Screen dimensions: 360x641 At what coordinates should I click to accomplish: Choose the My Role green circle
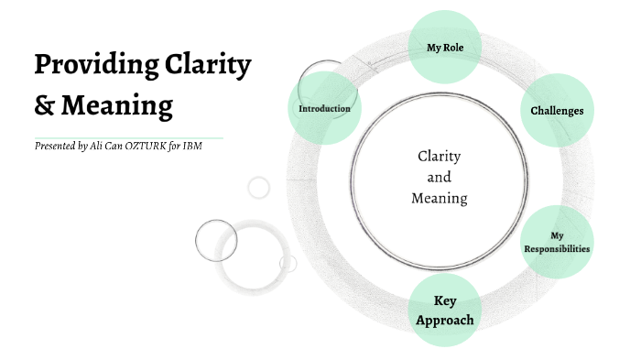point(443,47)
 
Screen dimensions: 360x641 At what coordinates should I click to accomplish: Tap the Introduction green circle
point(324,109)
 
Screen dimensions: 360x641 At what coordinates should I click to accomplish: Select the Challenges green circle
point(557,111)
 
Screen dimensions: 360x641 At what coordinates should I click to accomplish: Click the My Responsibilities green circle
point(557,242)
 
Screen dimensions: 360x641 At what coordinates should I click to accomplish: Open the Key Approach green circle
point(445,311)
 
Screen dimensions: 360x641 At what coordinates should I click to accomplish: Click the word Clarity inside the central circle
point(439,157)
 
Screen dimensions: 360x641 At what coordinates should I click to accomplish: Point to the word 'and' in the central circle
point(440,177)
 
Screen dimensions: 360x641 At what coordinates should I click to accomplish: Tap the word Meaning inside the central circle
point(440,198)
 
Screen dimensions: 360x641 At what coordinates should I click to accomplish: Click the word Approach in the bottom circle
point(445,320)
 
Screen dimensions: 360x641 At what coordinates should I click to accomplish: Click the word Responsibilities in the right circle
point(557,248)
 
